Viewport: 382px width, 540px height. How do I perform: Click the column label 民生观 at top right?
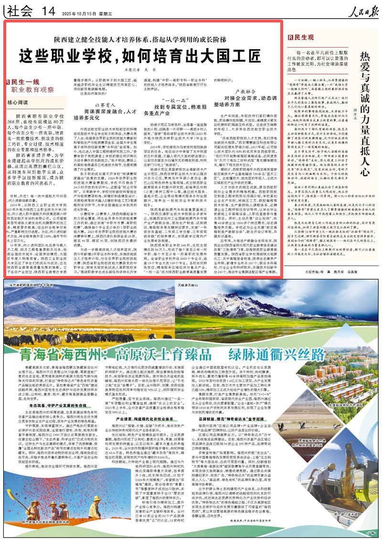click(304, 37)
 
